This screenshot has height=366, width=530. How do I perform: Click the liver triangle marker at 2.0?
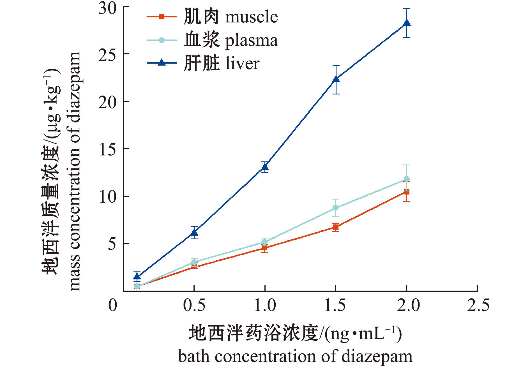coord(407,23)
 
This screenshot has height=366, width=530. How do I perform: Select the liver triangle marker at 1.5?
coord(336,79)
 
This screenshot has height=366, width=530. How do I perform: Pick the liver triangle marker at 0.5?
coord(194,233)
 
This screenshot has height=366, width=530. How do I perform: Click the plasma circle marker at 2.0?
coord(407,179)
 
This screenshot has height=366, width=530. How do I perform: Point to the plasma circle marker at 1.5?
coord(336,208)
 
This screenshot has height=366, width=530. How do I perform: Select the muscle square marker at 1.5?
coord(336,227)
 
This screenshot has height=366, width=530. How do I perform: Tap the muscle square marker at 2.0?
coord(407,192)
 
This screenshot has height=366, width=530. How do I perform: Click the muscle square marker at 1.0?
coord(265,248)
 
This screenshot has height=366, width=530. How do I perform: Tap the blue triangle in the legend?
coord(162,63)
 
